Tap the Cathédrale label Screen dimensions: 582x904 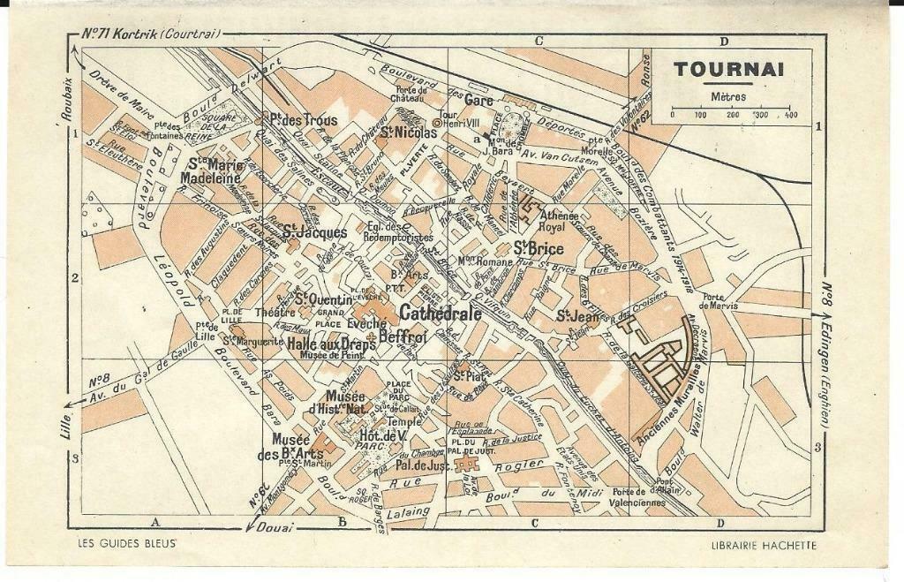pos(440,313)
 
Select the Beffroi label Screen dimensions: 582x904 pos(403,336)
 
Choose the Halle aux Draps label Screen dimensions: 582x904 pos(331,344)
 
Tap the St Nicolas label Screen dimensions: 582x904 pos(408,133)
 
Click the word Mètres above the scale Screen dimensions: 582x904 pos(727,96)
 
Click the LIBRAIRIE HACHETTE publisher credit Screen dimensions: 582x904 pos(764,545)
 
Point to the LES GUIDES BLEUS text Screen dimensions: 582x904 pos(121,544)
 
